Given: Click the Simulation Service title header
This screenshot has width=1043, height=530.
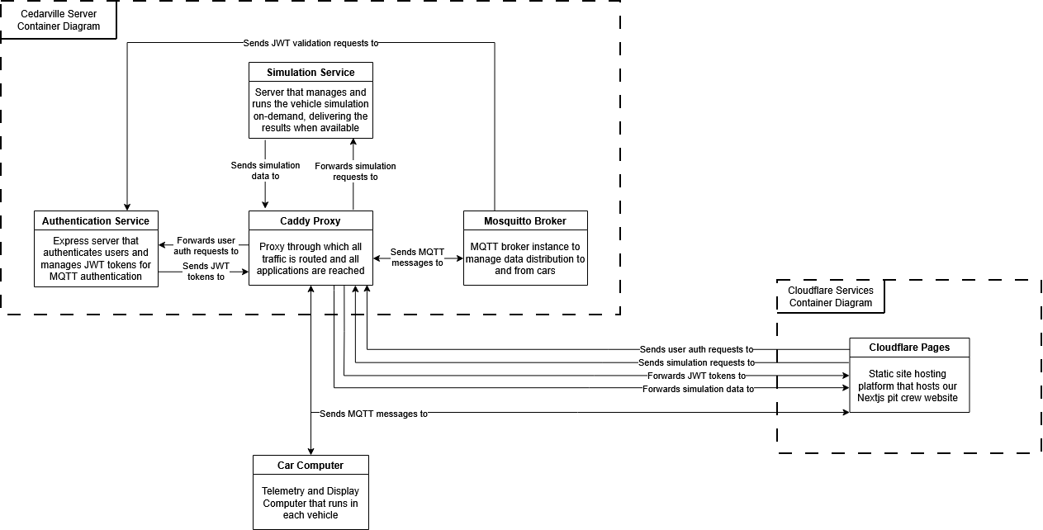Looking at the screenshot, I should pyautogui.click(x=311, y=72).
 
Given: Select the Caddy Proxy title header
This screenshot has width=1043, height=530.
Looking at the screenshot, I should pyautogui.click(x=311, y=221).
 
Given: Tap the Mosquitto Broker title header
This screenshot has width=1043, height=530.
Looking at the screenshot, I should pyautogui.click(x=525, y=221).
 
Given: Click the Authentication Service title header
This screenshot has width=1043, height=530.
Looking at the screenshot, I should pyautogui.click(x=96, y=221).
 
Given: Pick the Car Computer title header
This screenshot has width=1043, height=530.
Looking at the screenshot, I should pyautogui.click(x=311, y=466).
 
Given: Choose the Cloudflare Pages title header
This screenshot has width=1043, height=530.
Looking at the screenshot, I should pyautogui.click(x=909, y=348).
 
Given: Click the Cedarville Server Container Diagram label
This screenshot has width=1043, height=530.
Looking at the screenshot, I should pyautogui.click(x=59, y=20).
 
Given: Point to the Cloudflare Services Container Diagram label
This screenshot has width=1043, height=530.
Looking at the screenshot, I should pyautogui.click(x=830, y=296).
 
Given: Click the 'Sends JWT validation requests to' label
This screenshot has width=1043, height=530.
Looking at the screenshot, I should pyautogui.click(x=311, y=43).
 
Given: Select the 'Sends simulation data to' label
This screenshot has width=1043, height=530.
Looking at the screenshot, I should pyautogui.click(x=265, y=170).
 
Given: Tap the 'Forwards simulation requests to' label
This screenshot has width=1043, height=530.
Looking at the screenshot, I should pyautogui.click(x=355, y=171).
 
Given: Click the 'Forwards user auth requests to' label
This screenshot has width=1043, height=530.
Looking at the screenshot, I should pyautogui.click(x=206, y=245).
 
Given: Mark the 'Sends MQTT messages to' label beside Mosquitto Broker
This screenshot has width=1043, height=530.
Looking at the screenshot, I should pyautogui.click(x=417, y=257).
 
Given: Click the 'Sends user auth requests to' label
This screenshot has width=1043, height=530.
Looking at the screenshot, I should pyautogui.click(x=696, y=349).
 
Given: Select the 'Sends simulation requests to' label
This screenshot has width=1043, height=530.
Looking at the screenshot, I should pyautogui.click(x=696, y=362).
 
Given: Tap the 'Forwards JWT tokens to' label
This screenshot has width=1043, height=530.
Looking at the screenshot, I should pyautogui.click(x=696, y=376).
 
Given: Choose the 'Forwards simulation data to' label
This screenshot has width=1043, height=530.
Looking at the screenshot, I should pyautogui.click(x=698, y=389).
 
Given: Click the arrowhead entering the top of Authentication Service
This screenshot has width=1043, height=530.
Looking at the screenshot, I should pyautogui.click(x=127, y=206).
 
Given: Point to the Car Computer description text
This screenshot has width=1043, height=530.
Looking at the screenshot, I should pyautogui.click(x=311, y=503).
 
